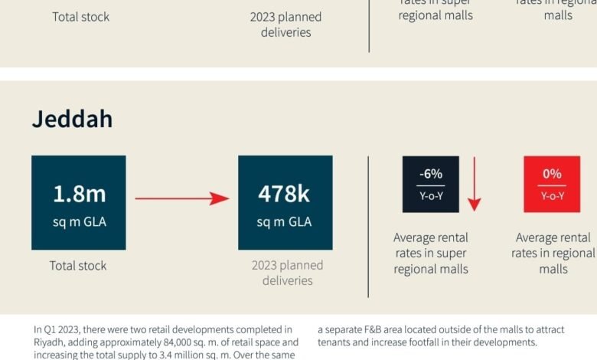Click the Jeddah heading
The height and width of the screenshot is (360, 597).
(72, 119)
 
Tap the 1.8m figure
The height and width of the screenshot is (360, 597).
(79, 194)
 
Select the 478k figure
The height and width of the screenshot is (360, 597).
(285, 194)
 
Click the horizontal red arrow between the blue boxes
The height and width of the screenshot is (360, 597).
(182, 199)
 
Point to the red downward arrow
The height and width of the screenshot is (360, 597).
(475, 184)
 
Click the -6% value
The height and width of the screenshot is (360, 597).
(431, 174)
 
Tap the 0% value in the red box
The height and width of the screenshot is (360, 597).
(552, 174)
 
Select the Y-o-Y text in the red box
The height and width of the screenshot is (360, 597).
(552, 195)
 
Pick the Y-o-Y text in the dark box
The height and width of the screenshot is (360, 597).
(431, 195)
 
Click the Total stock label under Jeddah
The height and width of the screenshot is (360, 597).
(79, 266)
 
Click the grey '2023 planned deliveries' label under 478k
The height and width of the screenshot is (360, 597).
(287, 273)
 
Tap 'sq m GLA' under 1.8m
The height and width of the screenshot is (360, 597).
(79, 222)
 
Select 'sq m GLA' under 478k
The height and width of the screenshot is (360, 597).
(285, 222)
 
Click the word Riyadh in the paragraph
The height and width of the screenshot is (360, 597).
(48, 342)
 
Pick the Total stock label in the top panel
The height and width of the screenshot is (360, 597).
(81, 17)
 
